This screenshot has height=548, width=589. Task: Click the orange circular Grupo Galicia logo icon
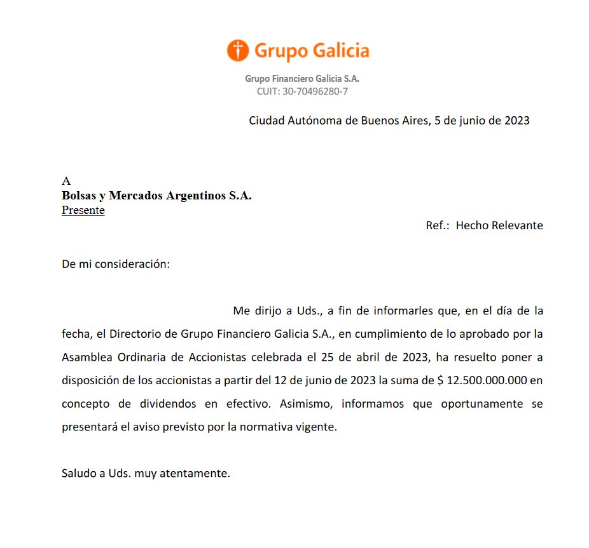(237, 50)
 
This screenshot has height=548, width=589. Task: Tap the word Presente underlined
(83, 210)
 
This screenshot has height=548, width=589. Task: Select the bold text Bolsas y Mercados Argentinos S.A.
(156, 196)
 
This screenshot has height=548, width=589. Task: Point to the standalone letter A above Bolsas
(66, 181)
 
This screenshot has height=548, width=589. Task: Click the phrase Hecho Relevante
(499, 225)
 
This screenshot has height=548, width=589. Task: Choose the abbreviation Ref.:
(438, 225)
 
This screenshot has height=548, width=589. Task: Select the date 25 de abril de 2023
(369, 358)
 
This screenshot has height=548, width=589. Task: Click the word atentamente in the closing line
(198, 474)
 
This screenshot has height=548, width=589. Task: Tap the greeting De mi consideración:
(116, 264)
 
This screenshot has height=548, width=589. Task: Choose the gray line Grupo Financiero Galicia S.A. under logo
(302, 79)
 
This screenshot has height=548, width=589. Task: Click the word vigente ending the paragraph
(314, 427)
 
